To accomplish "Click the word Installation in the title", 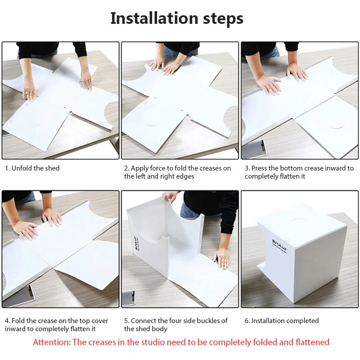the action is (x=154, y=18).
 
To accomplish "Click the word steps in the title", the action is (x=223, y=19).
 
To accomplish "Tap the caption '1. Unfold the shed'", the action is (x=32, y=168).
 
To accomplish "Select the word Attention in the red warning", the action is (x=52, y=342).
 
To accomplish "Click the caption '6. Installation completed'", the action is (x=282, y=320).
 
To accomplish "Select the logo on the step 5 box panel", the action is (x=136, y=243).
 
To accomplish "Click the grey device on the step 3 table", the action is (x=254, y=149).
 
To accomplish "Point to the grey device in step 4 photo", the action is (x=19, y=296).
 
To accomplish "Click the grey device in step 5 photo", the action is (x=128, y=298).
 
